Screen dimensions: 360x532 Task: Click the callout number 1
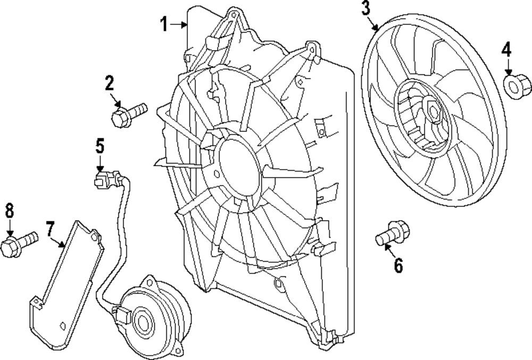pos(164,24)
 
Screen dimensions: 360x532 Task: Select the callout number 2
pos(109,83)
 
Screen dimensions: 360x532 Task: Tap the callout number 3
pos(366,9)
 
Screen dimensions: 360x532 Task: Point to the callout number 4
pos(506,51)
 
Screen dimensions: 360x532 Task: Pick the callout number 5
pos(100,146)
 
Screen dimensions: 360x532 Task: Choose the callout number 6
pos(398,264)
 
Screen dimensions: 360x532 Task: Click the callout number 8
pos(9,211)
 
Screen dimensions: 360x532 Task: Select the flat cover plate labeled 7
pos(64,282)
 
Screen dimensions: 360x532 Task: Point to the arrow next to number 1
pos(179,24)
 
